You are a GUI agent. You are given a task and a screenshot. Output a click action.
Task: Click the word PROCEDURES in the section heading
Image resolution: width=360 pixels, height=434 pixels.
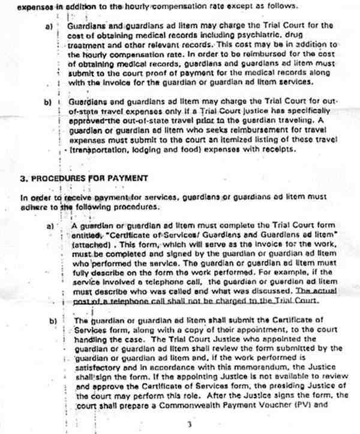(54, 178)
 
